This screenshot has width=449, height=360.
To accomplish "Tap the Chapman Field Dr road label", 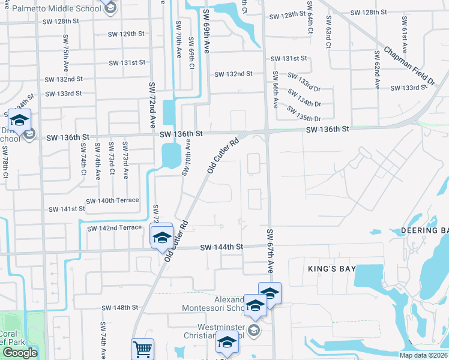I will tap(410, 67).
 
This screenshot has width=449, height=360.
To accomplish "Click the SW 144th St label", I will tap(221, 247).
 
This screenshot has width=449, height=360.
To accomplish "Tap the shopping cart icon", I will tap(142, 349).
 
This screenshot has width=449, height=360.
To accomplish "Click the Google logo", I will tap(20, 352).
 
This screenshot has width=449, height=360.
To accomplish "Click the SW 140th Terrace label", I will tap(112, 200).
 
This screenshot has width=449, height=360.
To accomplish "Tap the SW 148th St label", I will tap(119, 307).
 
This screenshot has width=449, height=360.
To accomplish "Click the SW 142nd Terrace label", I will tap(114, 228).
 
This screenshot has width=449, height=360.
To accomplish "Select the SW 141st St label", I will tap(67, 209).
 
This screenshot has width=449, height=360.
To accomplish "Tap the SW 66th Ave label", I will tap(275, 89).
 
